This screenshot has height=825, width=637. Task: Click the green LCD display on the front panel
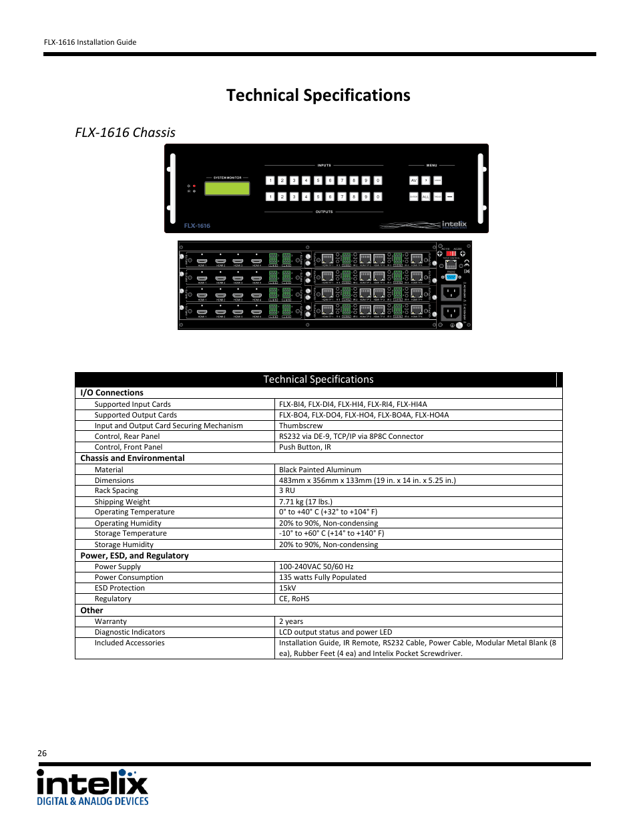point(227,188)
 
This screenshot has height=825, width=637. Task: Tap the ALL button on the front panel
point(425,197)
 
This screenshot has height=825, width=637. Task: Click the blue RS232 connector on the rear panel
point(451,277)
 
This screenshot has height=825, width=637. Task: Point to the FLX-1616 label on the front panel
point(197,226)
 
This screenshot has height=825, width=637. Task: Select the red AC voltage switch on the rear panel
point(451,254)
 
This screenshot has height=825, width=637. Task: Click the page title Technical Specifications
point(318,96)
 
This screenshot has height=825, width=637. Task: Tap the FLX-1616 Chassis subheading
point(125,132)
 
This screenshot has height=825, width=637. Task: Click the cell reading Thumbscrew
point(300,426)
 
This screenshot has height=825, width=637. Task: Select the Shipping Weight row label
point(122,502)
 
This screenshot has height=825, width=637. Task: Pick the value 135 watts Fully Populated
point(323,577)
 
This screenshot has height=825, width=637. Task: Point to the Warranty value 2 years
point(290,621)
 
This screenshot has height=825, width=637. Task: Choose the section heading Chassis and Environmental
point(132,458)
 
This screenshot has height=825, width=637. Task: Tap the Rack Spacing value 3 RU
point(286,490)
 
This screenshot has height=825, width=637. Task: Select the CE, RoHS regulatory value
point(294,599)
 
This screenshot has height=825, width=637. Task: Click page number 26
point(42,753)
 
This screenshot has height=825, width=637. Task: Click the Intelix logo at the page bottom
point(92,787)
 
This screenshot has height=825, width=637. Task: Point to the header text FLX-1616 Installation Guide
point(90,42)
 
